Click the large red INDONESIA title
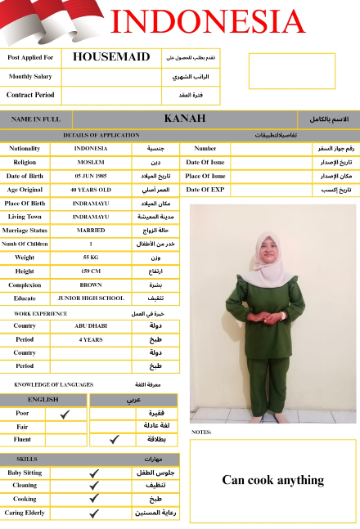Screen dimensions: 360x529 [207, 21]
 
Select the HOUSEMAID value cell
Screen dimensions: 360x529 [111, 57]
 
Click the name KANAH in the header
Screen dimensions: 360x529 [184, 119]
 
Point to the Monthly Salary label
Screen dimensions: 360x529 [30, 76]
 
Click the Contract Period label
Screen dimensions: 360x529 [30, 95]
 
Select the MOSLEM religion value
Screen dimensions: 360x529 [90, 162]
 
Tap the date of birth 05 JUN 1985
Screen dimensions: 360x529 [90, 176]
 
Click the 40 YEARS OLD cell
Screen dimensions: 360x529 [90, 190]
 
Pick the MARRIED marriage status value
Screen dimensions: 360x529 [90, 231]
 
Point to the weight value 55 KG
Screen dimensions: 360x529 [90, 258]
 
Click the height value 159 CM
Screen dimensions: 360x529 [90, 271]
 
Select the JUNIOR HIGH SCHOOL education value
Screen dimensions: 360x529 [90, 298]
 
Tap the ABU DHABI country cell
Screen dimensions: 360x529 [90, 325]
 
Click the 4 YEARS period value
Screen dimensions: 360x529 [90, 339]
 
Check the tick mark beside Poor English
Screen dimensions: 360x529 [65, 414]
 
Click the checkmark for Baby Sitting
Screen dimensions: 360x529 [94, 473]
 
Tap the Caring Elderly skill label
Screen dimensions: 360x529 [25, 513]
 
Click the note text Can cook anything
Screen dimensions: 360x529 [272, 480]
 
